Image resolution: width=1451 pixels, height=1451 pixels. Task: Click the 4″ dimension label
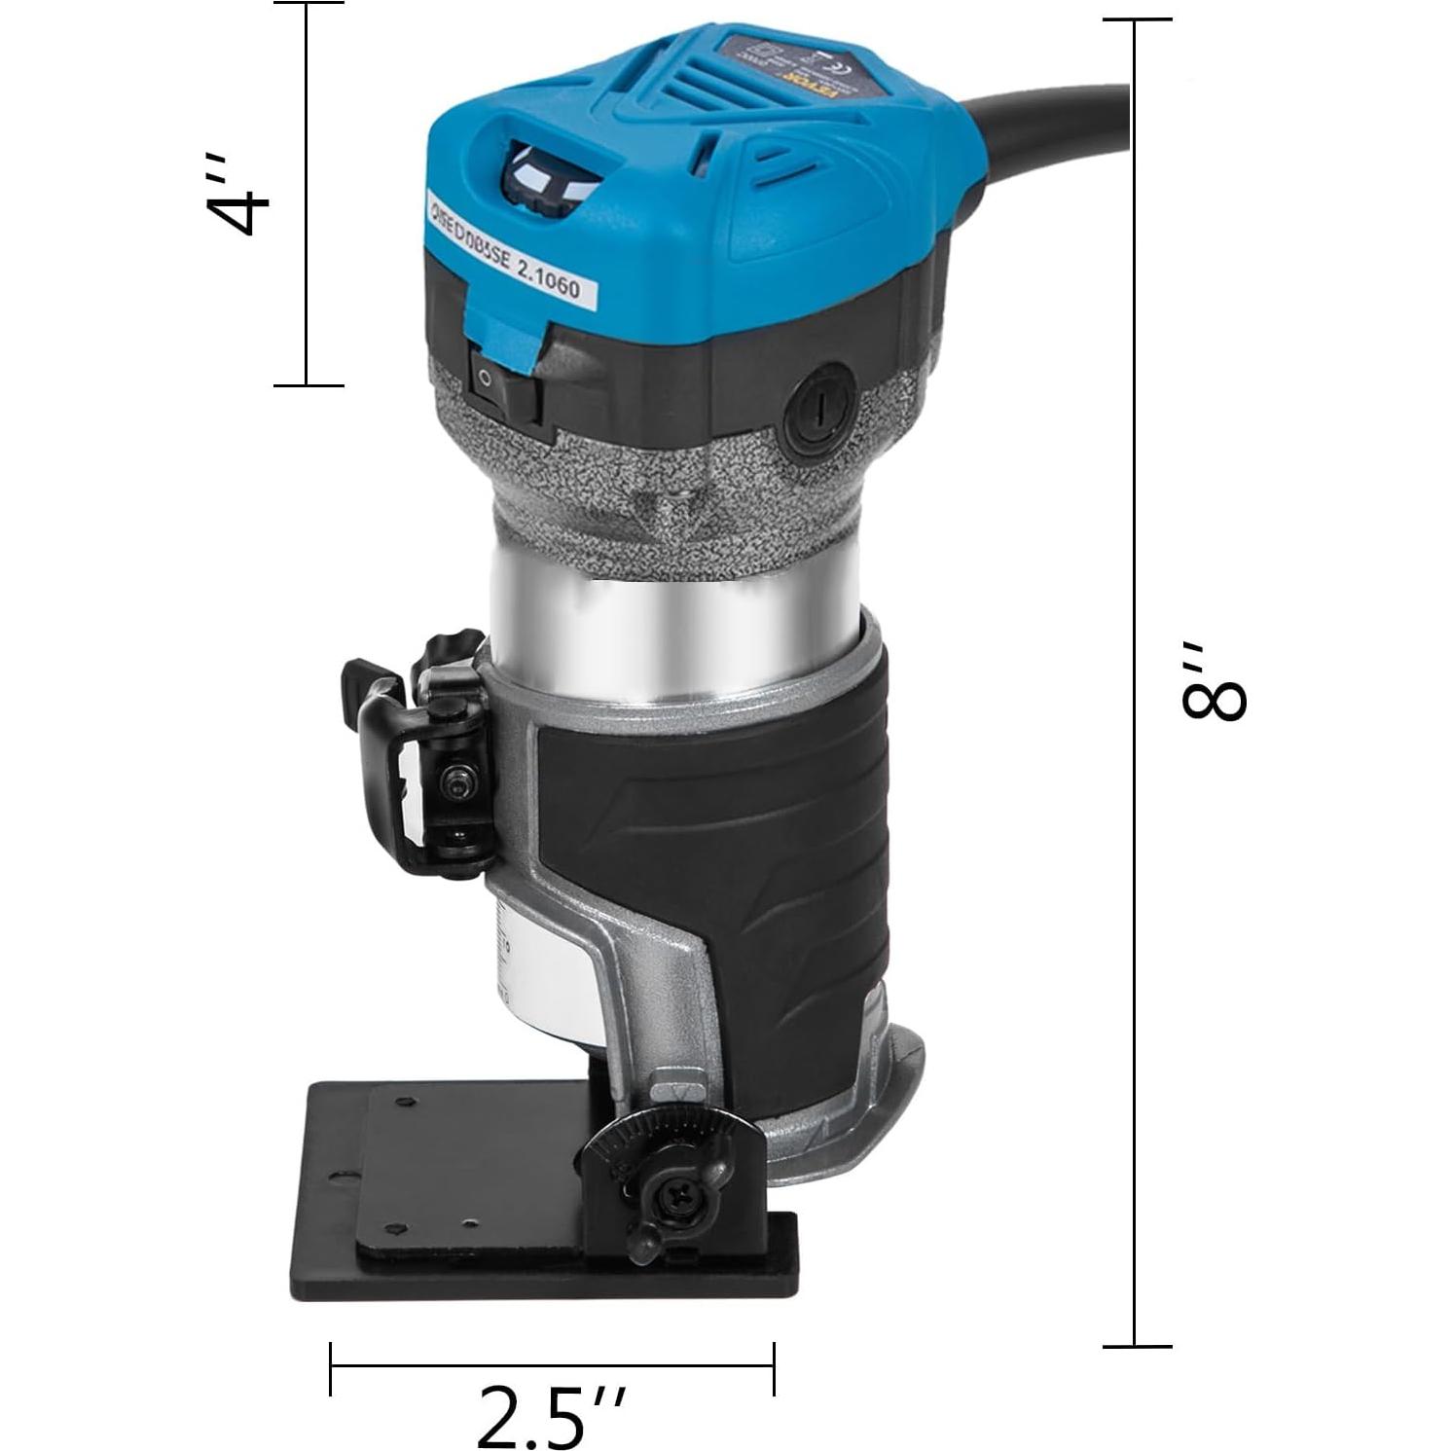pos(238,194)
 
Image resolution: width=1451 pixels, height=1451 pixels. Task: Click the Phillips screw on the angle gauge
pos(676,1197)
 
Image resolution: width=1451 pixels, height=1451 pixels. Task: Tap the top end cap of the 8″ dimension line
pos(1136,19)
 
